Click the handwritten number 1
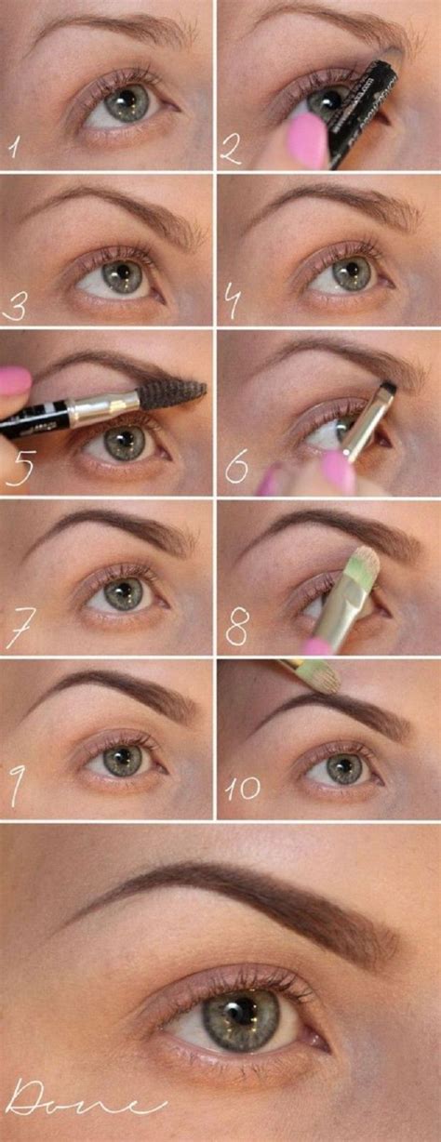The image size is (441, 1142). click(15, 147)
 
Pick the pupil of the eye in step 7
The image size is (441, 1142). click(122, 591)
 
